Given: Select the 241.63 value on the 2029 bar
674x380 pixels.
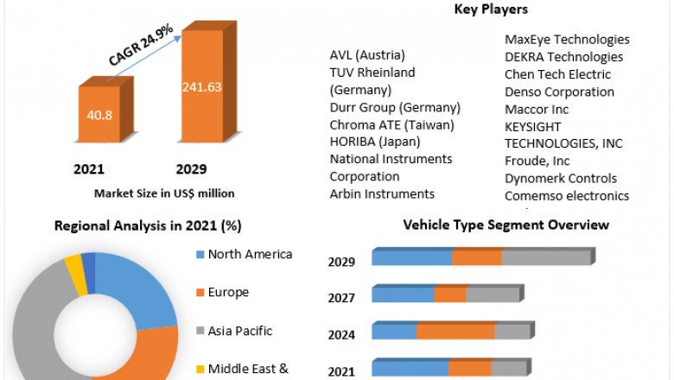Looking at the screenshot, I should (x=202, y=86).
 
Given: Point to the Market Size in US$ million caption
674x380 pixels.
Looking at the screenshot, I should (x=164, y=193).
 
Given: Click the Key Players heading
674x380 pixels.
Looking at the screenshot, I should (x=491, y=9).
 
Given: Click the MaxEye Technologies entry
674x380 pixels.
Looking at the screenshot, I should (x=567, y=40).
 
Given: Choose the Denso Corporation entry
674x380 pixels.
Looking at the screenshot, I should (x=559, y=92).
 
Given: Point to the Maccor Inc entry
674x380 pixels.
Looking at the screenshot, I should (x=537, y=109).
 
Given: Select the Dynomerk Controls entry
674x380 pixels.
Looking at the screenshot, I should (x=561, y=178).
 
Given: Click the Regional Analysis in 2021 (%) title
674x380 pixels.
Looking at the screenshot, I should (x=148, y=225).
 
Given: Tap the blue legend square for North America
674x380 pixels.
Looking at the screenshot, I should (x=200, y=255).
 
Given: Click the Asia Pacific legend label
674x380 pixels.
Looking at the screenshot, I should (x=240, y=330).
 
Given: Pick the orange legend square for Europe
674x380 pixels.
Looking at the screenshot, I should (x=200, y=293).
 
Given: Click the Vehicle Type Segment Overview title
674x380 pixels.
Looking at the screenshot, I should (x=506, y=225).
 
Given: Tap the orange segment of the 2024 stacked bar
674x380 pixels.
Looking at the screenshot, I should (x=455, y=332).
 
